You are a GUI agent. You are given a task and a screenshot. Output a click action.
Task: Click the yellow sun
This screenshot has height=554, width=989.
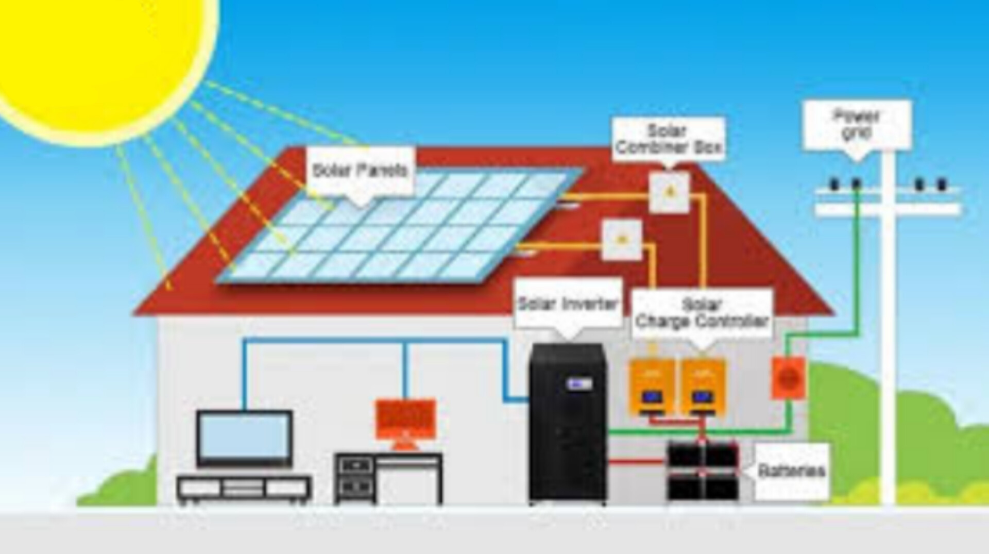point(98,57)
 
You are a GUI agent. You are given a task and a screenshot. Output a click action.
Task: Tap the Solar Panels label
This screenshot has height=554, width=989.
point(360,171)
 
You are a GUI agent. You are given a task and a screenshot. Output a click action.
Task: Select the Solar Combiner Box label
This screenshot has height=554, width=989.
point(669,139)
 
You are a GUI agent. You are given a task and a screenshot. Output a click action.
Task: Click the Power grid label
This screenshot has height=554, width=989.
point(857,124)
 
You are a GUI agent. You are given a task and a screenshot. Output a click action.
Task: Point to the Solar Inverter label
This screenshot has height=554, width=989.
point(568,304)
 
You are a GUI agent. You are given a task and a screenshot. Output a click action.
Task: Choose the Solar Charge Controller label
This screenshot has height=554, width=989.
point(702,313)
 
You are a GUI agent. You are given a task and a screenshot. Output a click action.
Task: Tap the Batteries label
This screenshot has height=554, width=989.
point(792,471)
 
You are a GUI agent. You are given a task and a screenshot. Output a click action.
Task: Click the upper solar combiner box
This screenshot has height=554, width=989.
point(669,192)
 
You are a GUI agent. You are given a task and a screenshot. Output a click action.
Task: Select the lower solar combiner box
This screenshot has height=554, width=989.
point(622,240)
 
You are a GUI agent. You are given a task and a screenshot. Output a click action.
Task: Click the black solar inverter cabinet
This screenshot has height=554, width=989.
point(567,423)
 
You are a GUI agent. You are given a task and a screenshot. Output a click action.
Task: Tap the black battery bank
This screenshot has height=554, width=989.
point(703,471)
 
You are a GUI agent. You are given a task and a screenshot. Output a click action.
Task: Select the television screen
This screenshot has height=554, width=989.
point(244,438)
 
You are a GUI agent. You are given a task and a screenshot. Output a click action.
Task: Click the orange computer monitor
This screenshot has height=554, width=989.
point(405,419)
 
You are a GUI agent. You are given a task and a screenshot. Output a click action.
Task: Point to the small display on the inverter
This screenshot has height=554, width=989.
point(579,384)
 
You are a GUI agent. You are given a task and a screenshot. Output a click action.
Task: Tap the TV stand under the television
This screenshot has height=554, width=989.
point(244,489)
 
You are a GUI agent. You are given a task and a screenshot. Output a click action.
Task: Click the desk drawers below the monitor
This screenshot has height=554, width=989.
point(355,476)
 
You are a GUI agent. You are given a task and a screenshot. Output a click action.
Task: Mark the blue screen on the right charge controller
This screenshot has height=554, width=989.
point(702,397)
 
